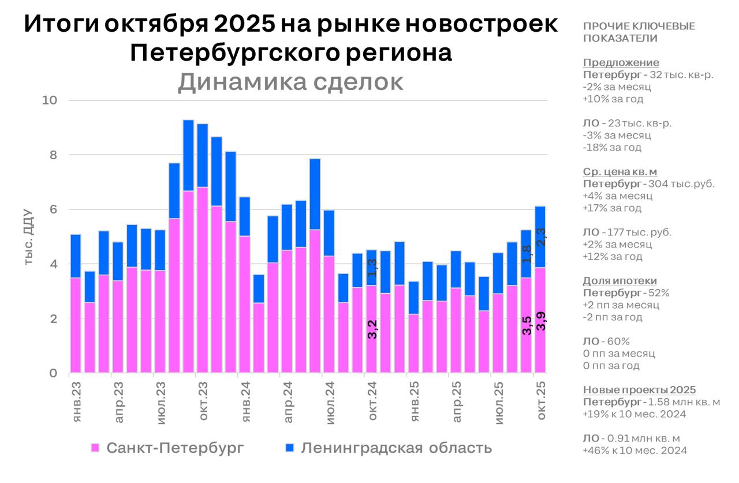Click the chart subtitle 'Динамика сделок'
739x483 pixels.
coord(290,83)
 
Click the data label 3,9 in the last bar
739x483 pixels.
coord(542,321)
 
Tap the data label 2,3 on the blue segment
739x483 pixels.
coord(542,237)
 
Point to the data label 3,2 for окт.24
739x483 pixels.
coord(372,329)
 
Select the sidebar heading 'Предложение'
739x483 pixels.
coord(621,63)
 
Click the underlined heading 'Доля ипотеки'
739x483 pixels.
coord(619,281)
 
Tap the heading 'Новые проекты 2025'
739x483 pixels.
coord(639,390)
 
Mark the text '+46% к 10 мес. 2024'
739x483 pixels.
coord(635,450)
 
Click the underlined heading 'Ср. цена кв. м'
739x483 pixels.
coord(620,172)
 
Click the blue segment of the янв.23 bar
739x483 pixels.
coord(76,256)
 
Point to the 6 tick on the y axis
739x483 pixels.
coord(54,209)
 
